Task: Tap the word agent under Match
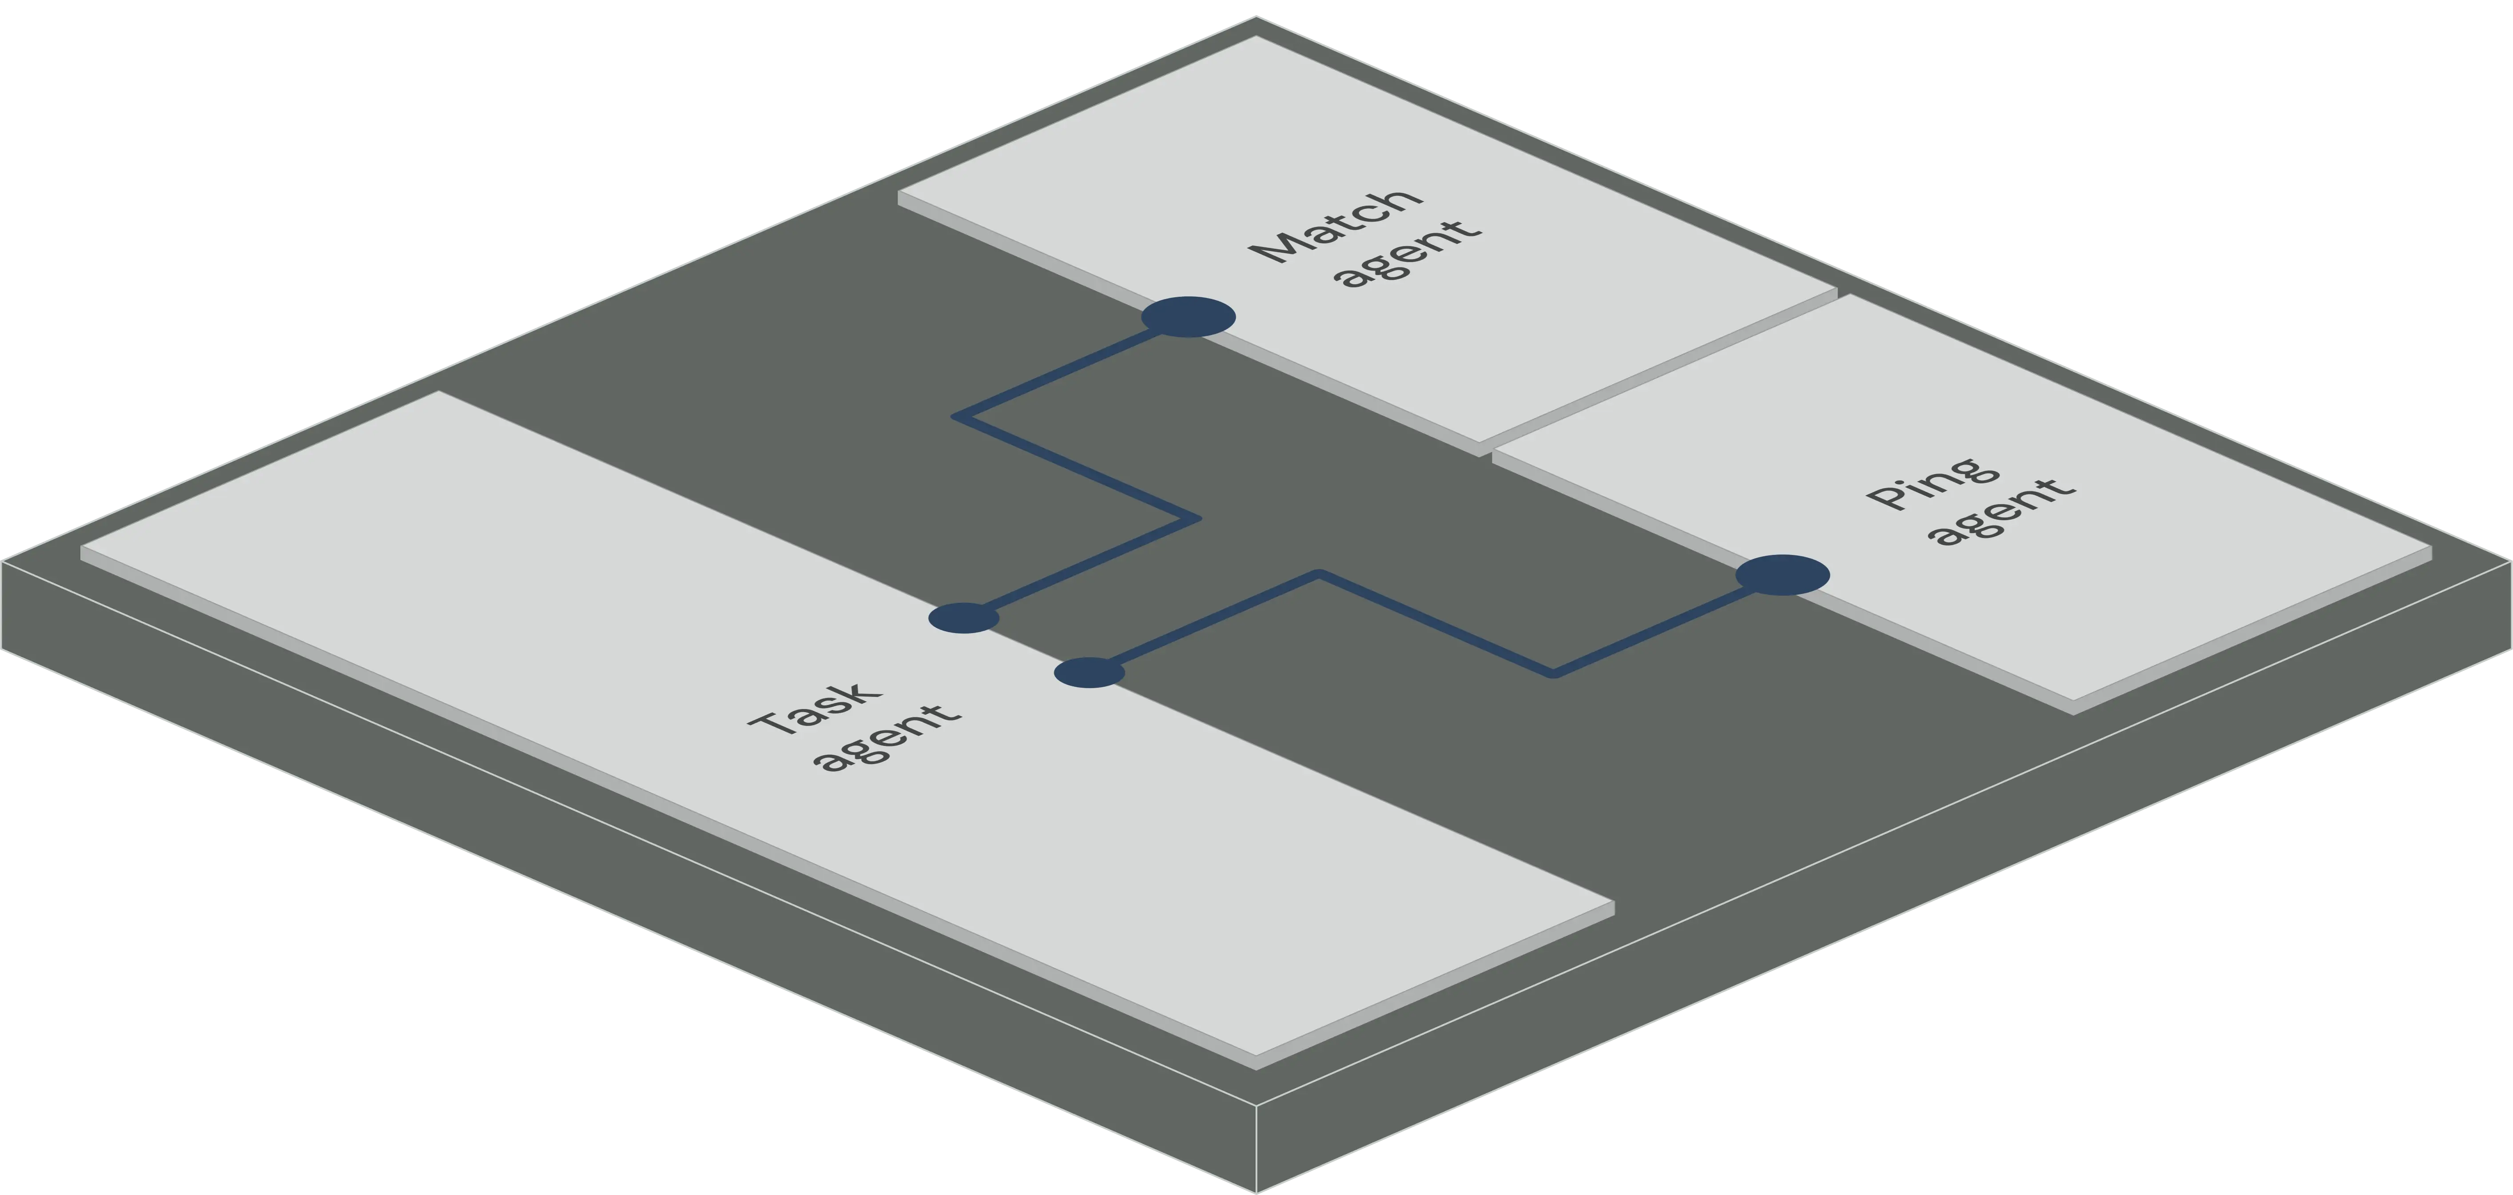1410,255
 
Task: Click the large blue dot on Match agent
1188,317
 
